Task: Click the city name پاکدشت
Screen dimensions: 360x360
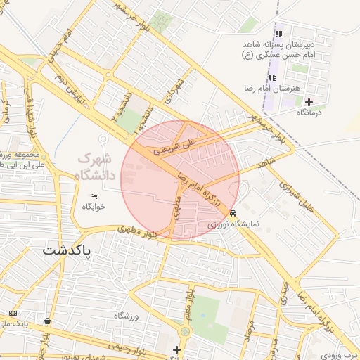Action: [x=67, y=251]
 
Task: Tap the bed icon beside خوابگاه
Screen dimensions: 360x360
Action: [x=94, y=195]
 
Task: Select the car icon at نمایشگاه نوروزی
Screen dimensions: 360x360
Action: [x=233, y=213]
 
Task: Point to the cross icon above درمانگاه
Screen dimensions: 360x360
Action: [x=309, y=102]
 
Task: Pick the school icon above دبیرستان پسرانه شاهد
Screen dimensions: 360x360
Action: [x=278, y=33]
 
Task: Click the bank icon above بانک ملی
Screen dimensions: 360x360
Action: [x=13, y=312]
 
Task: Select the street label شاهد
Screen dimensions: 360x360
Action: [x=266, y=163]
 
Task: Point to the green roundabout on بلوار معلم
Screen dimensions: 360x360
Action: [x=186, y=330]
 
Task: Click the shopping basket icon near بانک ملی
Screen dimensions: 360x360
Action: [x=47, y=321]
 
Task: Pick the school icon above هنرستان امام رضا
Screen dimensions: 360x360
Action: [x=272, y=77]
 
